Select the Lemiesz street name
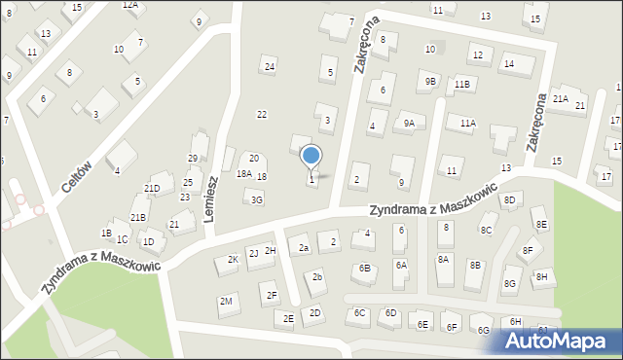coord(211,199)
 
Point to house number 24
coord(270,67)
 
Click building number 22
coord(261,114)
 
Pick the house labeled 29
coord(193,159)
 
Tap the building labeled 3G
coord(256,199)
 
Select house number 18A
coord(243,174)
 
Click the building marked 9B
coord(430,82)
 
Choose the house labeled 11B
coord(462,85)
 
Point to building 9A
coord(410,123)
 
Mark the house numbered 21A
coord(561,98)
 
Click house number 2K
coord(232,260)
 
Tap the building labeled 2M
coord(226,302)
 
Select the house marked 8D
coord(509,200)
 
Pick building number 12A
coord(129,5)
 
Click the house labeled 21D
coord(152,189)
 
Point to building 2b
coord(317,277)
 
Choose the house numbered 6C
coord(359,312)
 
